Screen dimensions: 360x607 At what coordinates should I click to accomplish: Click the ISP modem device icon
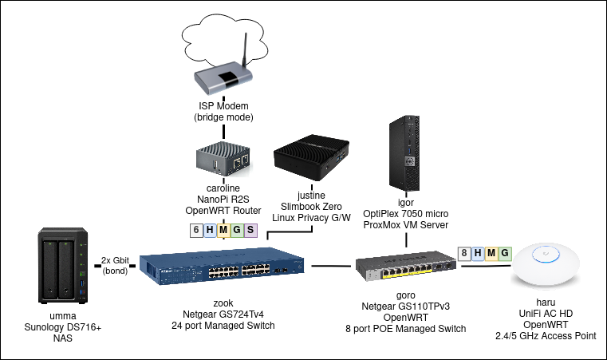pyautogui.click(x=223, y=78)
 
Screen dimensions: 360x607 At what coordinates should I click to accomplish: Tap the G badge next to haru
pyautogui.click(x=503, y=254)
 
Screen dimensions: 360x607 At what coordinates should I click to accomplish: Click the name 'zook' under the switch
pyautogui.click(x=223, y=303)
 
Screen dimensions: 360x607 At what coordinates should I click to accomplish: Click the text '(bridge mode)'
pyautogui.click(x=223, y=117)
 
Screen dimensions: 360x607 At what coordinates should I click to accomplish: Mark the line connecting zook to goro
pyautogui.click(x=331, y=267)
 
